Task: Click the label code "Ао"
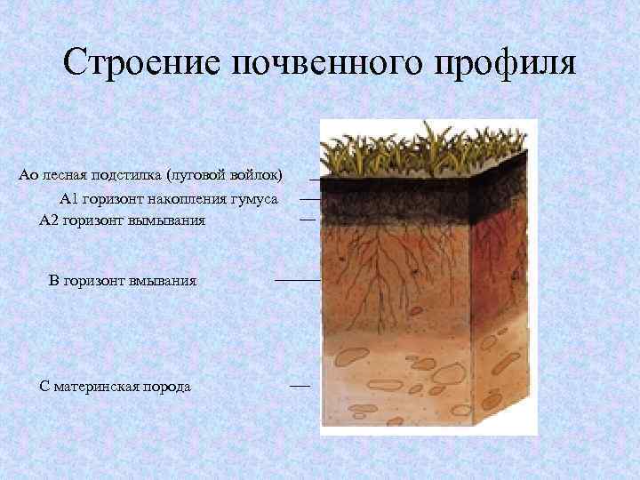pyautogui.click(x=28, y=172)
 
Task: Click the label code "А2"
pyautogui.click(x=50, y=220)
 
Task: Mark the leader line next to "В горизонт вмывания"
pyautogui.click(x=297, y=280)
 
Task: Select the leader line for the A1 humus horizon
pyautogui.click(x=308, y=200)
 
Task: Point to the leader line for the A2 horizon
pyautogui.click(x=308, y=218)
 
